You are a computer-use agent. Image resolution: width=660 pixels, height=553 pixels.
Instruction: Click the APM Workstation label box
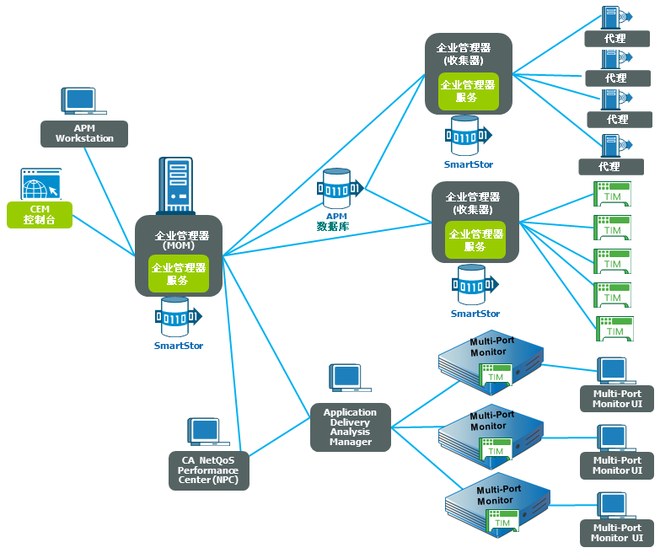pos(84,133)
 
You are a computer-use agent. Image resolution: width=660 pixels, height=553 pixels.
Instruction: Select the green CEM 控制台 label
pos(40,215)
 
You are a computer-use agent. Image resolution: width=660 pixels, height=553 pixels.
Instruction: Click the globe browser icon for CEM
pos(40,184)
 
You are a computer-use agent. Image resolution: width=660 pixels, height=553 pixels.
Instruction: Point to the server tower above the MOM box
pos(176,186)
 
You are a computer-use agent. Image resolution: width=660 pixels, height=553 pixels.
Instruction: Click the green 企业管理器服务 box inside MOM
pos(178,274)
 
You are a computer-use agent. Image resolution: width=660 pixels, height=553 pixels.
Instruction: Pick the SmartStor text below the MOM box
pos(178,346)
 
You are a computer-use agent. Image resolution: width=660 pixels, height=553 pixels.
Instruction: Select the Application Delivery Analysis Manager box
pos(351,427)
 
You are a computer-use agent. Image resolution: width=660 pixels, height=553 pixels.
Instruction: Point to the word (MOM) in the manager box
pos(178,246)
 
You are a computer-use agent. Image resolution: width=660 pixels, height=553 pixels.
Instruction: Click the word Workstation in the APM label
pos(84,138)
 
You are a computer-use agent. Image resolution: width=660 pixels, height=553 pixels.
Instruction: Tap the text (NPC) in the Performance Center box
pos(223,481)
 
